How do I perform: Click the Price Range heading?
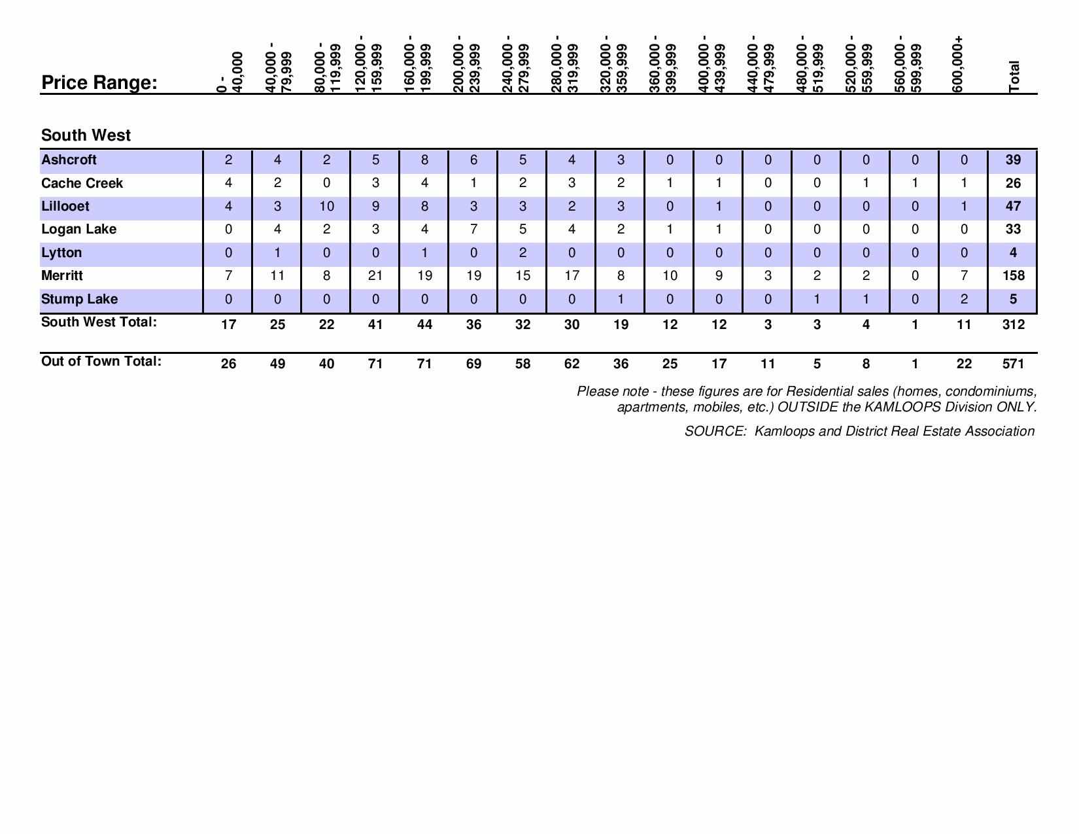coord(99,83)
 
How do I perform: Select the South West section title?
coord(86,135)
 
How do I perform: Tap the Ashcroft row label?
coord(69,160)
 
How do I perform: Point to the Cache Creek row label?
coord(82,183)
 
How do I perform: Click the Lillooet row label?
coord(65,207)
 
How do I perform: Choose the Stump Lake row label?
coord(79,300)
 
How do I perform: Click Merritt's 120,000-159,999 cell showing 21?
coord(375,276)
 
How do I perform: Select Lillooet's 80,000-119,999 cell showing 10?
coord(326,207)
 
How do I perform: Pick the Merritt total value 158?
coord(1013,276)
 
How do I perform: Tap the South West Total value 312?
coord(1013,324)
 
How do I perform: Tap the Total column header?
coord(1014,77)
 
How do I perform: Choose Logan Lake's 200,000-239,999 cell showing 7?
coord(473,230)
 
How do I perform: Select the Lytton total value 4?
coord(1013,253)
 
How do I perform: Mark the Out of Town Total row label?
coord(101,362)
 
